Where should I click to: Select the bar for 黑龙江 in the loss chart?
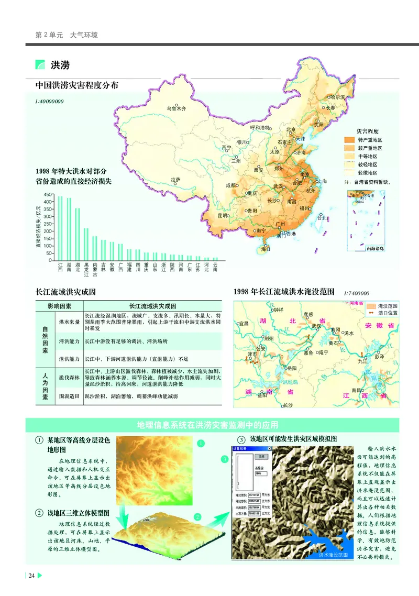[86, 244]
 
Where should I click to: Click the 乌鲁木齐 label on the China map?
[177, 109]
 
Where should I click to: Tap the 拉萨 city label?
[175, 180]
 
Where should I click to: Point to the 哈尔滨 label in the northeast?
[337, 97]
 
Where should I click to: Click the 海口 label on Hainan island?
[266, 249]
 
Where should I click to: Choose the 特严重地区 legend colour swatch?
[349, 140]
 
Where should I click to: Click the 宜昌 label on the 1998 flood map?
[244, 324]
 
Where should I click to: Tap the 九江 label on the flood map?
[362, 361]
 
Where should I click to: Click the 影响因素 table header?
[59, 306]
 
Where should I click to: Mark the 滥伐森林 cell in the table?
[69, 377]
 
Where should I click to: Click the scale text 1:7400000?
[357, 294]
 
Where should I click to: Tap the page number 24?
[32, 576]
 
